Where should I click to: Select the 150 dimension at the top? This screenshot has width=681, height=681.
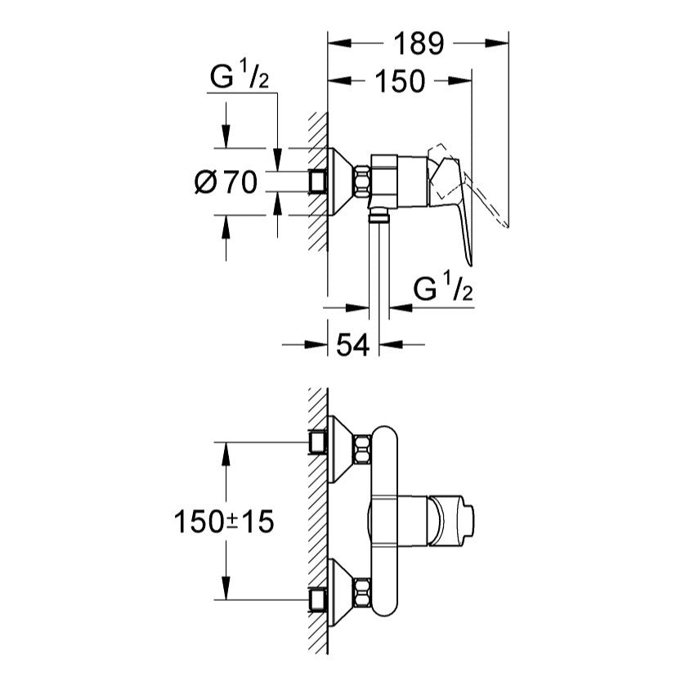tap(401, 81)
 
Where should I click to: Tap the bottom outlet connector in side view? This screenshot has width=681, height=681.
tap(377, 215)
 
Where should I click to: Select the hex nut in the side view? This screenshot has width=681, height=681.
tap(360, 181)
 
